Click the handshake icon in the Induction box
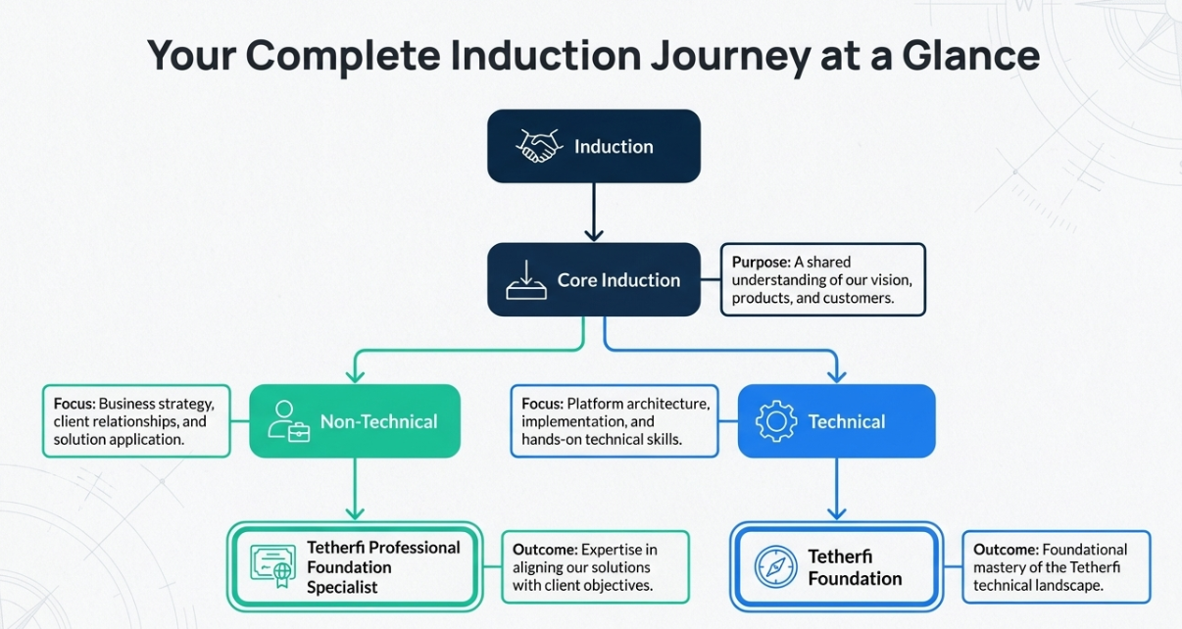[x=538, y=147]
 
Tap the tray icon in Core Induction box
[x=526, y=280]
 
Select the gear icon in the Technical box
[x=776, y=421]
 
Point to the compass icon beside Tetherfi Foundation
[x=775, y=567]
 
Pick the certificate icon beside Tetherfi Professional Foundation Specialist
[x=272, y=566]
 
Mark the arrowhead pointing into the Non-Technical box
[x=355, y=375]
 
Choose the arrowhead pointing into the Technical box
[x=836, y=375]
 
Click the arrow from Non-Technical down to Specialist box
[x=355, y=488]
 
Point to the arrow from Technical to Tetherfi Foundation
[x=836, y=488]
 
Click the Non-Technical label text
[x=378, y=422]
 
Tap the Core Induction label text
[x=618, y=280]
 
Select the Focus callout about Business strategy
[x=136, y=421]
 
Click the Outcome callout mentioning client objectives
[x=594, y=567]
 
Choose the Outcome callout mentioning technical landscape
[x=1056, y=567]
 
